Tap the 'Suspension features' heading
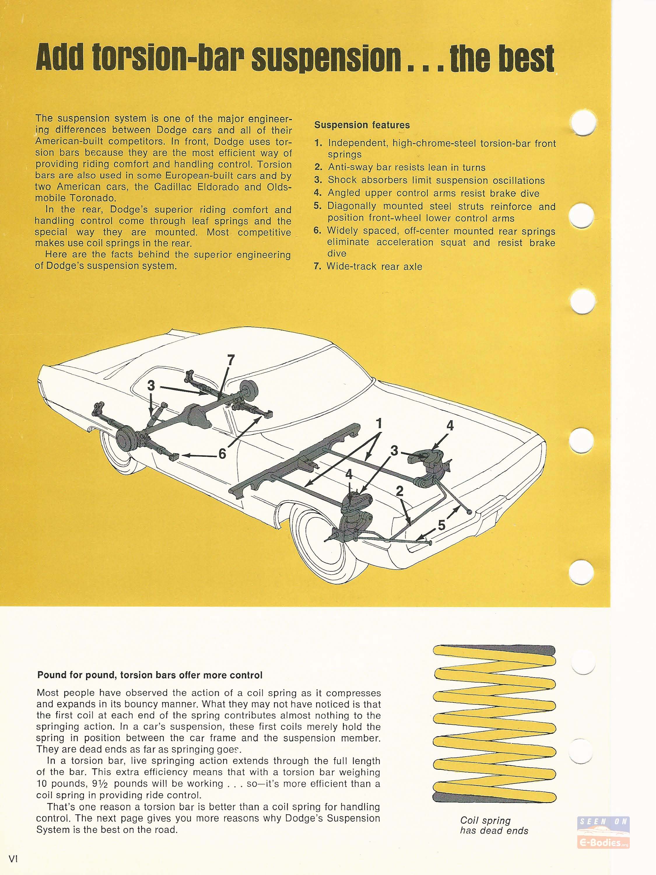[x=362, y=125]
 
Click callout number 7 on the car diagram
[x=231, y=360]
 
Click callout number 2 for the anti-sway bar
[x=400, y=491]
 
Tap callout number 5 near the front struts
[x=442, y=525]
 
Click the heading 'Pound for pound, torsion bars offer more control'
[x=150, y=675]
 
